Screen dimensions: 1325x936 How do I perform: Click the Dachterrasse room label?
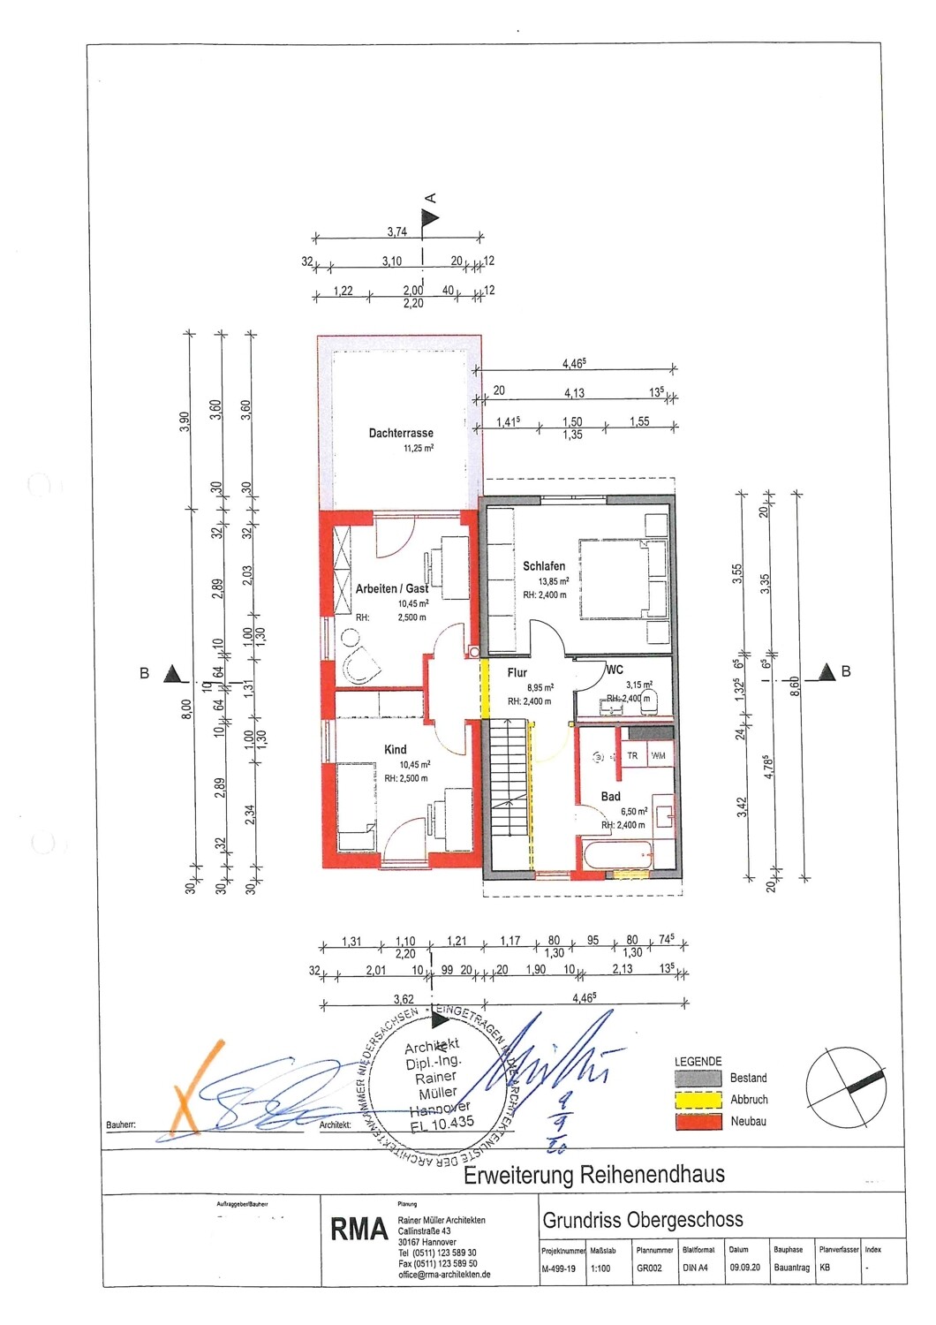coord(401,433)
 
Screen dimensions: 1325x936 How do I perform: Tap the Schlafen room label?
coord(544,566)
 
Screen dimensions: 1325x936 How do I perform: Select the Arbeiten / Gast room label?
coord(392,588)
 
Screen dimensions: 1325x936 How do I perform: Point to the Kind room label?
coord(396,750)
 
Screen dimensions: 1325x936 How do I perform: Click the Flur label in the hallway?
coord(517,673)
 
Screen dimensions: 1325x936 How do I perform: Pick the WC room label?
coord(615,670)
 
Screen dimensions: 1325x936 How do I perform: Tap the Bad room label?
coord(611,797)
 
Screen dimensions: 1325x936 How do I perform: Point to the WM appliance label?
coord(658,756)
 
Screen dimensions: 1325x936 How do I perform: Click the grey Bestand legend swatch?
coord(698,1079)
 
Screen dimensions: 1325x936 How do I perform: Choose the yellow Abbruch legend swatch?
coord(698,1100)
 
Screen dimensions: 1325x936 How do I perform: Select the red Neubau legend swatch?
coord(698,1122)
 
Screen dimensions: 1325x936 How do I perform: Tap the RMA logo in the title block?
coord(359,1230)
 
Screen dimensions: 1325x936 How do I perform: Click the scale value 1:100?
coord(600,1268)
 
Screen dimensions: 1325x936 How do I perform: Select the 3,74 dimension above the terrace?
coord(397,231)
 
